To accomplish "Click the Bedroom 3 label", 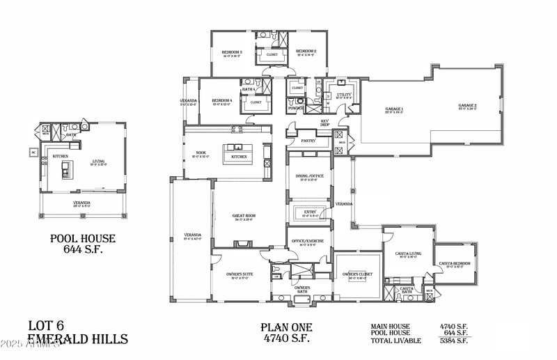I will (232, 52).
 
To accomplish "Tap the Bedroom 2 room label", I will (306, 52).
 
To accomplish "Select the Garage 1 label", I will (395, 109).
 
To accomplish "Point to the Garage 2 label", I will (467, 106).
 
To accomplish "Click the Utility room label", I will (345, 94).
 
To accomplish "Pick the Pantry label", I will (308, 141).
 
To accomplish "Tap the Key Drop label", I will (324, 122).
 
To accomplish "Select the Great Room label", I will (244, 216).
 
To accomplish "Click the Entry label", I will (310, 212).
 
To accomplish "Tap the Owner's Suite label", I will (238, 274).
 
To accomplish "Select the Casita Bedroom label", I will (454, 264).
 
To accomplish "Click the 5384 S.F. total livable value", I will (453, 341).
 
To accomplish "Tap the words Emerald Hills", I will (77, 339).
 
